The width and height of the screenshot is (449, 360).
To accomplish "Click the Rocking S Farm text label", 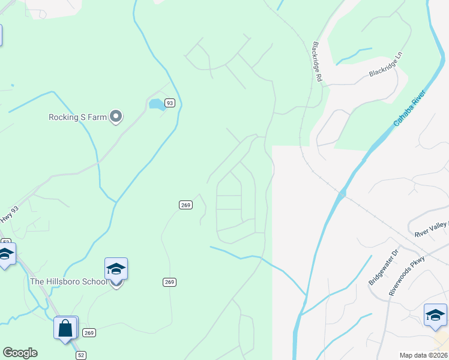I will [77, 117].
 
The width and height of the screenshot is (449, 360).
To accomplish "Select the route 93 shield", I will [170, 103].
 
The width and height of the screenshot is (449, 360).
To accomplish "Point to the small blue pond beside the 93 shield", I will [157, 104].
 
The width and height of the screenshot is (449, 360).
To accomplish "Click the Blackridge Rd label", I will [318, 62].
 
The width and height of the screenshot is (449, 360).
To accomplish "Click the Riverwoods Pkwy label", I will [406, 275].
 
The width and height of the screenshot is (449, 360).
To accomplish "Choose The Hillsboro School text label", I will [68, 281].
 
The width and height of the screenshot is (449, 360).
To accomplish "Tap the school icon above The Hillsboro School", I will [116, 269].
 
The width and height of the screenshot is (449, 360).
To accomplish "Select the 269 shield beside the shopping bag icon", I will [89, 332].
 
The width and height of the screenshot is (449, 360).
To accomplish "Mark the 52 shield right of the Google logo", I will [80, 355].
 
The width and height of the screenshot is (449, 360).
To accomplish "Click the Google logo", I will [20, 353].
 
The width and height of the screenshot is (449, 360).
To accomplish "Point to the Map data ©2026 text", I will [423, 355].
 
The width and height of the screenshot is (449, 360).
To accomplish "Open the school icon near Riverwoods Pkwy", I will [435, 316].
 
